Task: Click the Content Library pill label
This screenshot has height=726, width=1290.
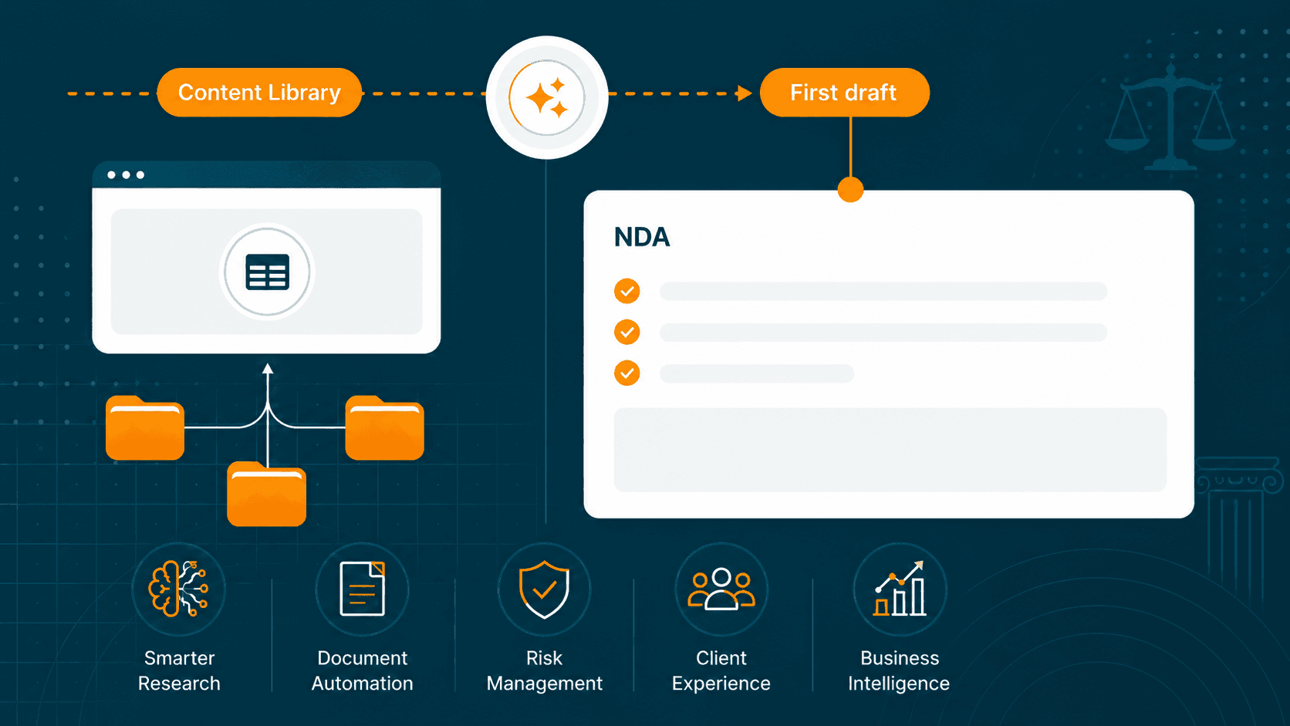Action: (x=259, y=92)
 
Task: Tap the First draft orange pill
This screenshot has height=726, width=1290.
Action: (x=844, y=92)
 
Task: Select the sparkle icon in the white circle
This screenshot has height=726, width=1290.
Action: (x=546, y=97)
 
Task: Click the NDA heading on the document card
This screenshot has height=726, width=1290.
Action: (x=642, y=237)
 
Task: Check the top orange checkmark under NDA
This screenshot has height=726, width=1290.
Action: (x=626, y=291)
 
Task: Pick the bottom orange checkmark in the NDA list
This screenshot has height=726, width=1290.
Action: (x=626, y=373)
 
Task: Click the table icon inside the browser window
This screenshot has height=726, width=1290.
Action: (x=267, y=271)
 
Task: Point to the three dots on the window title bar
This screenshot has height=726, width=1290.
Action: (x=126, y=174)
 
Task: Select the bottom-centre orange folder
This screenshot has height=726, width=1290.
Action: (x=266, y=494)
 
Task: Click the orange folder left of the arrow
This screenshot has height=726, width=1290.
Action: (x=145, y=427)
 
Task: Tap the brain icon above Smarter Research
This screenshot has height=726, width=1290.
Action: (x=178, y=589)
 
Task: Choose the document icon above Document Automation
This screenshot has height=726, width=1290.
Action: (x=363, y=589)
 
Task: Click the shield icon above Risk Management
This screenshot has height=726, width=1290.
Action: (x=544, y=589)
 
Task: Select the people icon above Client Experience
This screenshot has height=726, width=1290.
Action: (x=721, y=589)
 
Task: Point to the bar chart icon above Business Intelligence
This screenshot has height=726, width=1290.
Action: (x=900, y=589)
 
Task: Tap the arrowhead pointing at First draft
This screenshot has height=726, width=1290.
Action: (x=745, y=93)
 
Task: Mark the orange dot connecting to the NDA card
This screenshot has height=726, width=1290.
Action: (x=850, y=190)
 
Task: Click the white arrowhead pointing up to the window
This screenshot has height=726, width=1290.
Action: (x=267, y=369)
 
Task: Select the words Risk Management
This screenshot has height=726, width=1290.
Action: (x=544, y=670)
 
